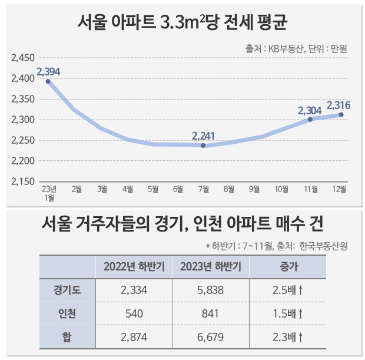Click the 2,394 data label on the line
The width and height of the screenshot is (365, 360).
(48, 71)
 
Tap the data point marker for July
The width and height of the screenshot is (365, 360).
(203, 146)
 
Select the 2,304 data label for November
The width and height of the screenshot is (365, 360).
(310, 110)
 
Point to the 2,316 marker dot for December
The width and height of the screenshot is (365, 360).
(341, 115)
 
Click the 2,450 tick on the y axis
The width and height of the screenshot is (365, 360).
(23, 58)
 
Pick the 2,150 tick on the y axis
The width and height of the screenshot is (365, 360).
(23, 181)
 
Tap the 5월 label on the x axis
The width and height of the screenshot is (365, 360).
(152, 189)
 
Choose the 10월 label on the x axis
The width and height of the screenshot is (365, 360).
(282, 189)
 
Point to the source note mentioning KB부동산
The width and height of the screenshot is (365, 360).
(296, 49)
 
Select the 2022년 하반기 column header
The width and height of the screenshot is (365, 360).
(134, 266)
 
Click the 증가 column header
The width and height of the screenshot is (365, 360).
(288, 266)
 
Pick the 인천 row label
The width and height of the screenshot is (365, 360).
(67, 313)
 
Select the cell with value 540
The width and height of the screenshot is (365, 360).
(134, 313)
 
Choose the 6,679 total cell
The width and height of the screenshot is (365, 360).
(210, 336)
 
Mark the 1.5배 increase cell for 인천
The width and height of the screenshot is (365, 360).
(288, 313)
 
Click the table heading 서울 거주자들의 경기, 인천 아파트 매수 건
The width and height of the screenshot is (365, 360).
(182, 224)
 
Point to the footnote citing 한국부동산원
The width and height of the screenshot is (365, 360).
(277, 246)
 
